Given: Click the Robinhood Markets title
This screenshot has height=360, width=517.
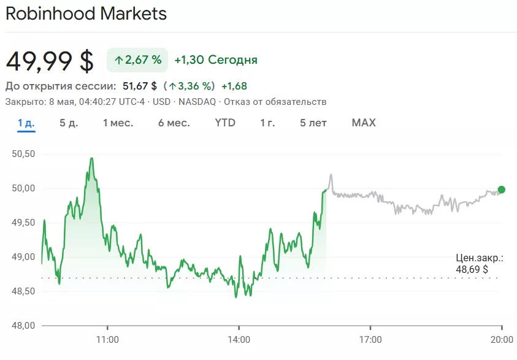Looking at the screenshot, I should pyautogui.click(x=86, y=13).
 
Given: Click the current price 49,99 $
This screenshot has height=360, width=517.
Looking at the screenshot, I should pyautogui.click(x=50, y=61).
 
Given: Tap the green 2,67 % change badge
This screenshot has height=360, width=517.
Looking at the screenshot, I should pyautogui.click(x=137, y=59).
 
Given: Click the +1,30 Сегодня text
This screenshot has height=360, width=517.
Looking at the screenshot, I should pyautogui.click(x=215, y=59).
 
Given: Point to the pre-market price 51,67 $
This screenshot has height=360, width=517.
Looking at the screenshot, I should pyautogui.click(x=140, y=86).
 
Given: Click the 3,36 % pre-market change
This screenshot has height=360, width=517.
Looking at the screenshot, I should pyautogui.click(x=192, y=86).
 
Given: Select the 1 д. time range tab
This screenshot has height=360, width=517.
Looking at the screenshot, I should pyautogui.click(x=26, y=123).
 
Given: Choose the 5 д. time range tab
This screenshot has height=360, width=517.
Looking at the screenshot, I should pyautogui.click(x=69, y=123).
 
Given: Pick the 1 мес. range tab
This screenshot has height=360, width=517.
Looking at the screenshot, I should pyautogui.click(x=118, y=123).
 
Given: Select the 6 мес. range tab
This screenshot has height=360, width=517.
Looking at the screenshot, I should pyautogui.click(x=174, y=123).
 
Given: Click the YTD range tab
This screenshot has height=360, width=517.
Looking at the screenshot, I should pyautogui.click(x=225, y=123).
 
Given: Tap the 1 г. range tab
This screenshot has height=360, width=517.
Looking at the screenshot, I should pyautogui.click(x=267, y=123).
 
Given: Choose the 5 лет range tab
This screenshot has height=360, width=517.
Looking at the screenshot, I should pyautogui.click(x=313, y=123).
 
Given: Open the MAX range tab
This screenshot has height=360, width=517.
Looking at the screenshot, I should pyautogui.click(x=364, y=123).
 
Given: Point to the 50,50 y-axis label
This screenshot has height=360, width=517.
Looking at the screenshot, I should pyautogui.click(x=23, y=154).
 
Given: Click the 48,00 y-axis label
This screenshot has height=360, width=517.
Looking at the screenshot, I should pyautogui.click(x=23, y=325).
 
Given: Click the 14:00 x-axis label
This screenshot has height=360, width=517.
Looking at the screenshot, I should pyautogui.click(x=239, y=339).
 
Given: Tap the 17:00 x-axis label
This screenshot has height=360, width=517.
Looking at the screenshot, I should pyautogui.click(x=370, y=339).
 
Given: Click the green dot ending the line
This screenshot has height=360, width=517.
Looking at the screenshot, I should pyautogui.click(x=502, y=190).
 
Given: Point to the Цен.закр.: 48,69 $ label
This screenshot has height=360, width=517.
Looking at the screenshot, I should pyautogui.click(x=480, y=264).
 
